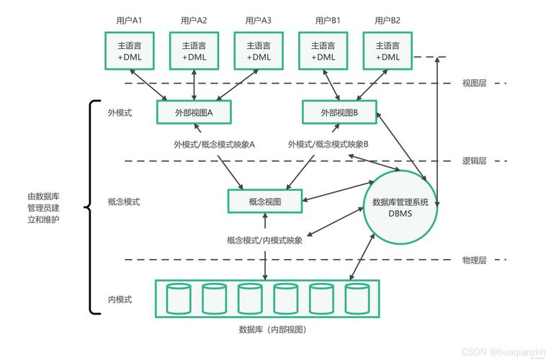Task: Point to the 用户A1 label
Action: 129,21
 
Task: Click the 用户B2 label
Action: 388,21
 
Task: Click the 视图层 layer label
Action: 474,83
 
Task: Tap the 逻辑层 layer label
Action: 474,161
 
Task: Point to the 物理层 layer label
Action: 474,260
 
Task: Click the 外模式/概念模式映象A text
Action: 214,145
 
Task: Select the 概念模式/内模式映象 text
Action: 264,240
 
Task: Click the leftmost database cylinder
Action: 179,299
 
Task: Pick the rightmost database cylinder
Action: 357,299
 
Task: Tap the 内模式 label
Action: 120,299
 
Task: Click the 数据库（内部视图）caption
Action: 273,330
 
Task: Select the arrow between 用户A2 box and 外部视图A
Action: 194,85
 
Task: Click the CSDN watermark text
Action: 504,351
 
